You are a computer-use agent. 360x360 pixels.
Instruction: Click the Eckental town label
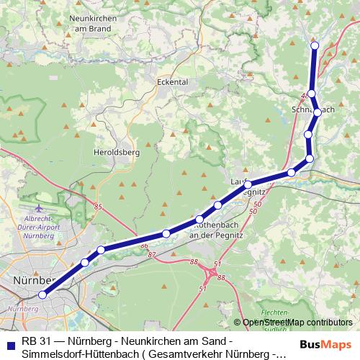click(x=172, y=82)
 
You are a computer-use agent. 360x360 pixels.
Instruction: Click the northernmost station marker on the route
click(x=314, y=46)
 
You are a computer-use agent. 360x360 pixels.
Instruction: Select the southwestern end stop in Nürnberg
click(x=42, y=294)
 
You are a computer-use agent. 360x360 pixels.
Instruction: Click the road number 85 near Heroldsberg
click(x=97, y=207)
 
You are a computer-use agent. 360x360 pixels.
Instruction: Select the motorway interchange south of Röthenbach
click(x=212, y=276)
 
